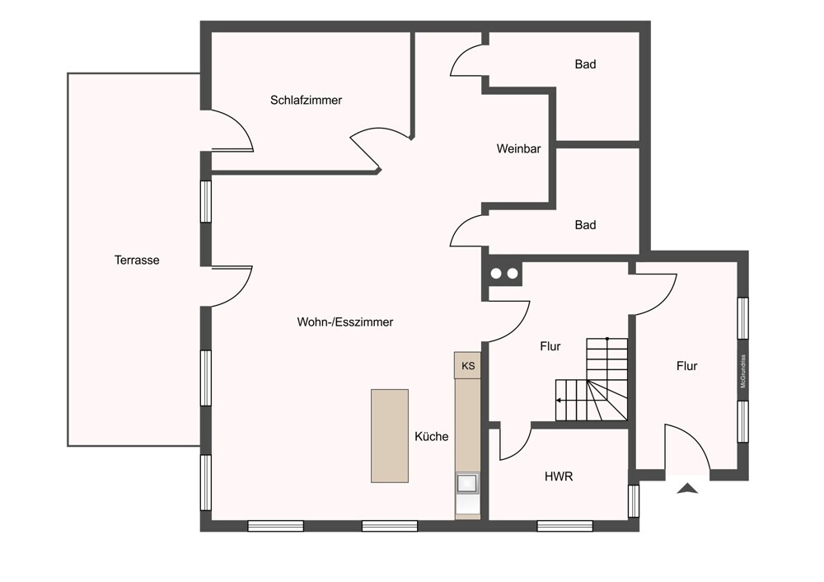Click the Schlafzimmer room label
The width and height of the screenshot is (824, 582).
pos(306,100)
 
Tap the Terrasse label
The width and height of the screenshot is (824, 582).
pos(137,260)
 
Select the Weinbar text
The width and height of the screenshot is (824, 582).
pos(518,148)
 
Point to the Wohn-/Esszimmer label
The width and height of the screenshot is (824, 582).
pos(344,322)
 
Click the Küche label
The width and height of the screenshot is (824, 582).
pos(432,436)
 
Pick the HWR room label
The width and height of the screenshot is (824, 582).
pos(559,476)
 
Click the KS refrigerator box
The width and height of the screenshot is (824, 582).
pos(468,365)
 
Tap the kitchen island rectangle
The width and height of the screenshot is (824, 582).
pos(390,436)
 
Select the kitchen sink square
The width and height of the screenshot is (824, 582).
pos(467,483)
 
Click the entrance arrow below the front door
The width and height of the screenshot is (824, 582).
pos(687,488)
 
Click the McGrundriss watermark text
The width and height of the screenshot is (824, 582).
pos(743,372)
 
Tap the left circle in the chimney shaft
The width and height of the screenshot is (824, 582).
pos(496,274)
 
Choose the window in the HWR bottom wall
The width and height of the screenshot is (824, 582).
pos(565,525)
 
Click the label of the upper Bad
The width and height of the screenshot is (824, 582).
pos(585,64)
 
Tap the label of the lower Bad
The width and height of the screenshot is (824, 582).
pos(585,225)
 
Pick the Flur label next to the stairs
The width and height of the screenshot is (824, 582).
pos(550,346)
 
